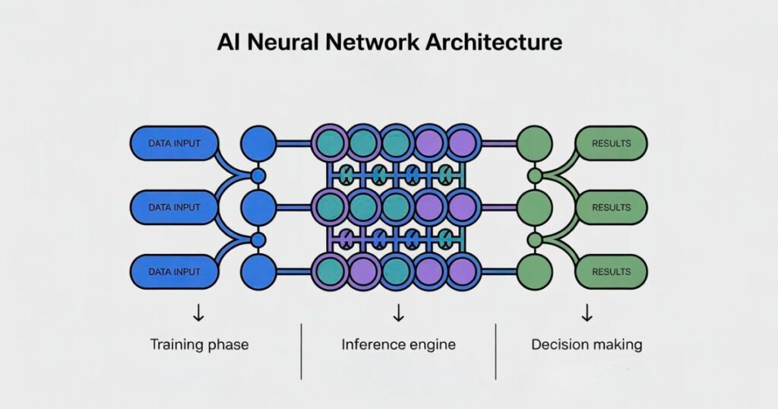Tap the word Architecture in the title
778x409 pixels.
tap(492, 42)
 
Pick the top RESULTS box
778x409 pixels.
tap(612, 143)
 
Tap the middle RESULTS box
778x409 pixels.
tap(612, 207)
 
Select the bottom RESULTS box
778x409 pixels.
tap(612, 271)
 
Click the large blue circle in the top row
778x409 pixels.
tap(258, 142)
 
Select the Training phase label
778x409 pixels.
tap(199, 344)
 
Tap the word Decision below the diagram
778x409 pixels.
tap(560, 344)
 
